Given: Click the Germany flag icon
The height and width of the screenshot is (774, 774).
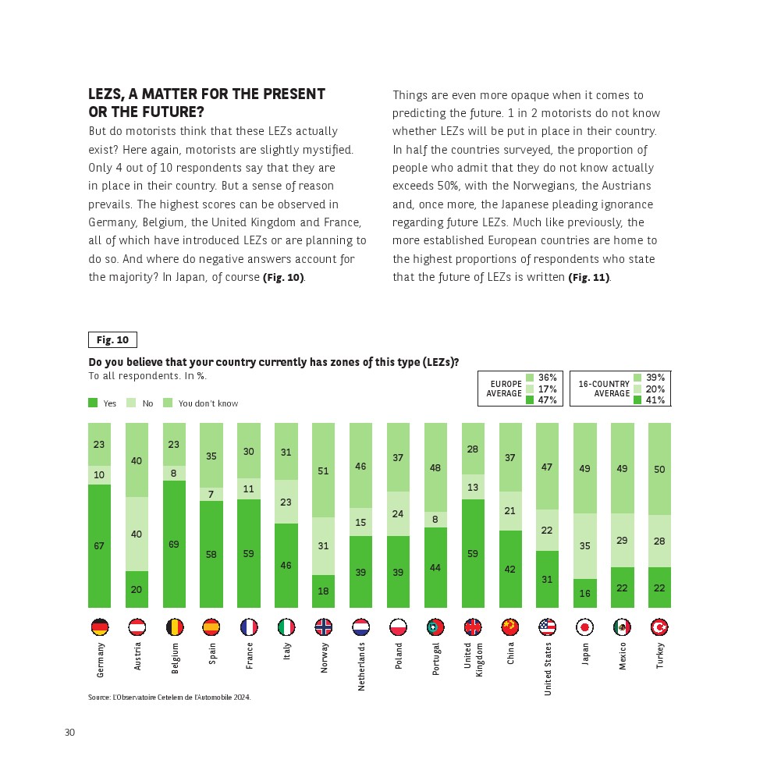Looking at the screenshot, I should click(99, 627).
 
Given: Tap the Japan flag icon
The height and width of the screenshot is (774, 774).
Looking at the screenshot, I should click(585, 627).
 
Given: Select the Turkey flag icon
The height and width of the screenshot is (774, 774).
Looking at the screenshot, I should click(660, 627).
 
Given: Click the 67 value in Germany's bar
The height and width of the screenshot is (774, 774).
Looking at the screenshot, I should click(99, 546).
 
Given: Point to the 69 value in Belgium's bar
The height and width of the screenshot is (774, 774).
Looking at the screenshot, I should click(174, 544).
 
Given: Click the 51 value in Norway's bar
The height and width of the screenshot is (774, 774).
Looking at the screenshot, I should click(324, 470).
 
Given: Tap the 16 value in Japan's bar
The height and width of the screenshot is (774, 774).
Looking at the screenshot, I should click(585, 594).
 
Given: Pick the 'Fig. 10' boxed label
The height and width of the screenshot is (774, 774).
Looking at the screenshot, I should click(112, 340).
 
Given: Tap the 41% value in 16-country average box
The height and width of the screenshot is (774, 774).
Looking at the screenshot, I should click(655, 399).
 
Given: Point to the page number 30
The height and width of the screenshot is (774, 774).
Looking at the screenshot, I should click(69, 732).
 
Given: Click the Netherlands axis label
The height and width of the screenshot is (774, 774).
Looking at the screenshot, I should click(361, 666).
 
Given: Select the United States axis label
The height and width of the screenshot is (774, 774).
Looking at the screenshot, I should click(548, 669).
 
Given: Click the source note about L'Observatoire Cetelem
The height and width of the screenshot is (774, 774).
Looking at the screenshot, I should click(169, 698).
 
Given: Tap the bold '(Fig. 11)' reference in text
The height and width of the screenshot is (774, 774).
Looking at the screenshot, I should click(588, 278).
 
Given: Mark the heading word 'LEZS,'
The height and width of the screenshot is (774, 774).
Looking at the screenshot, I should click(108, 94).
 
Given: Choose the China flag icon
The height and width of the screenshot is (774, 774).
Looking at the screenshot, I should click(510, 627).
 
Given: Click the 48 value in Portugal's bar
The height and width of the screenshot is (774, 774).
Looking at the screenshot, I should click(436, 467).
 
